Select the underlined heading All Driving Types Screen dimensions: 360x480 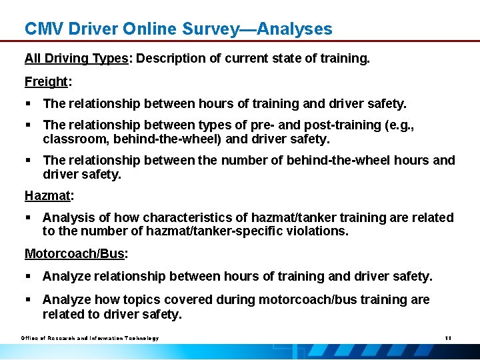click(x=76, y=59)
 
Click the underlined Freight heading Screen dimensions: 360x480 click(x=47, y=82)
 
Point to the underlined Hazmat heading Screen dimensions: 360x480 click(x=48, y=196)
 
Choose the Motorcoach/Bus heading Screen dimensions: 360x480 click(x=75, y=254)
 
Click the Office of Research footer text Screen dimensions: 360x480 click(x=89, y=338)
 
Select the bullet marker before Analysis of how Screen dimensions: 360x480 click(x=29, y=218)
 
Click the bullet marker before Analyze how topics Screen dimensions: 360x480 click(x=29, y=300)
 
